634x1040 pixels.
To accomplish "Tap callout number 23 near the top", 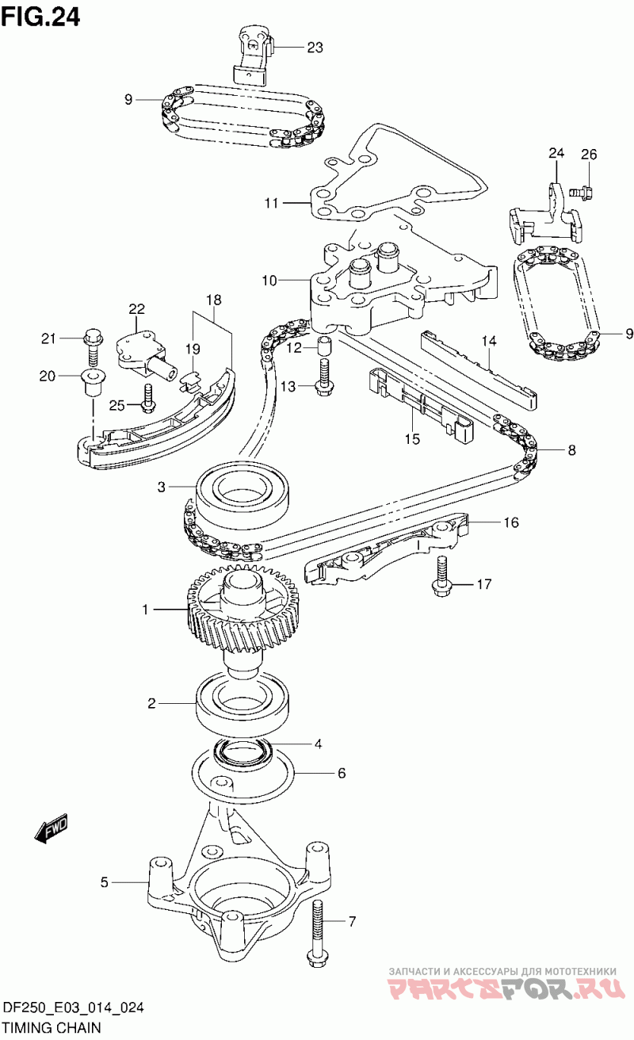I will (x=315, y=48).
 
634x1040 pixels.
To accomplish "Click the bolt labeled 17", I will (x=441, y=575).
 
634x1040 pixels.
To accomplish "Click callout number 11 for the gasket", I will (x=272, y=204).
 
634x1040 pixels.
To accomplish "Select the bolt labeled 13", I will (x=323, y=377).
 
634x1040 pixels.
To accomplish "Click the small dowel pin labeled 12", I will (x=324, y=346).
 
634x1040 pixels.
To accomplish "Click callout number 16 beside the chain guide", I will (x=510, y=522).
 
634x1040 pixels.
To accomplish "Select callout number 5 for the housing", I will (x=104, y=881).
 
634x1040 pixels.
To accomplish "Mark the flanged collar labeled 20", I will (x=93, y=380).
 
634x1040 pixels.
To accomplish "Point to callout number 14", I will (x=490, y=341).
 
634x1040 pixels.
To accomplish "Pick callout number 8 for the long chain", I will (x=571, y=450).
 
